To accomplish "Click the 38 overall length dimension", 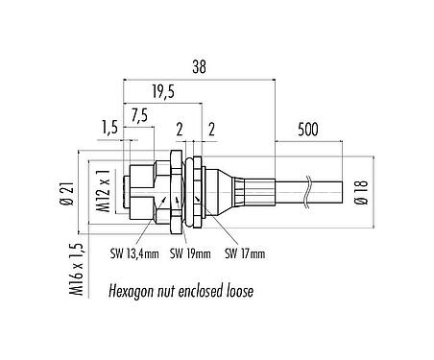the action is coord(199,66).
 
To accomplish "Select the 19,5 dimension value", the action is coord(163,92).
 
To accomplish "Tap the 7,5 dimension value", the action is coord(139,115).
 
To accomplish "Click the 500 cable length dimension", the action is coord(308,130).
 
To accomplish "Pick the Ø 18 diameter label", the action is coord(362,192).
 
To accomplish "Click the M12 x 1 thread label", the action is coord(104,191).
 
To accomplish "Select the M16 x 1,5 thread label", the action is coord(77,270).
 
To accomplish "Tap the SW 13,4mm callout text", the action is coord(134,253).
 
